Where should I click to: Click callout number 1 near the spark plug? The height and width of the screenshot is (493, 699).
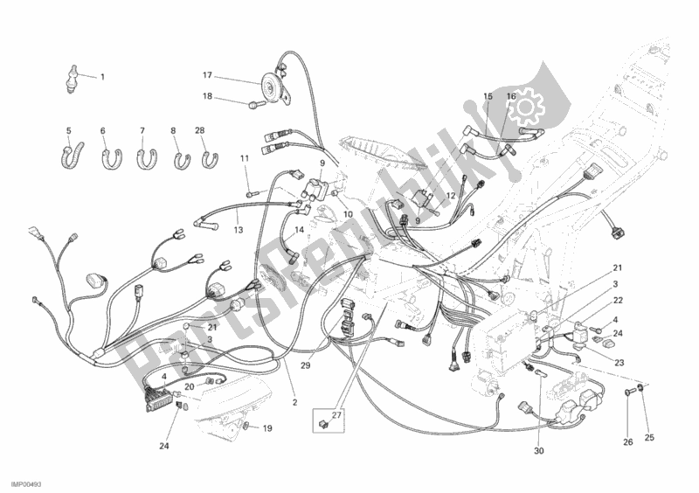tap(101, 77)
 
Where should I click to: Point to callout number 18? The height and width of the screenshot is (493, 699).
tap(208, 96)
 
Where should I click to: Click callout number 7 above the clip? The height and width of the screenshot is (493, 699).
tap(142, 131)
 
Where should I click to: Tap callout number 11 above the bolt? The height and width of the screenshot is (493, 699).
tap(246, 157)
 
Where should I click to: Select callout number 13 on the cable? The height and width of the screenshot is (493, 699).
tap(238, 231)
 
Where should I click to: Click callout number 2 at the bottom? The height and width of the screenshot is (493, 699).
tap(295, 403)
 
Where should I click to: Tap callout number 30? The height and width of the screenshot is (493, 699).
tap(538, 452)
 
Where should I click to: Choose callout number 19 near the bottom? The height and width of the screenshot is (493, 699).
tap(267, 427)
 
